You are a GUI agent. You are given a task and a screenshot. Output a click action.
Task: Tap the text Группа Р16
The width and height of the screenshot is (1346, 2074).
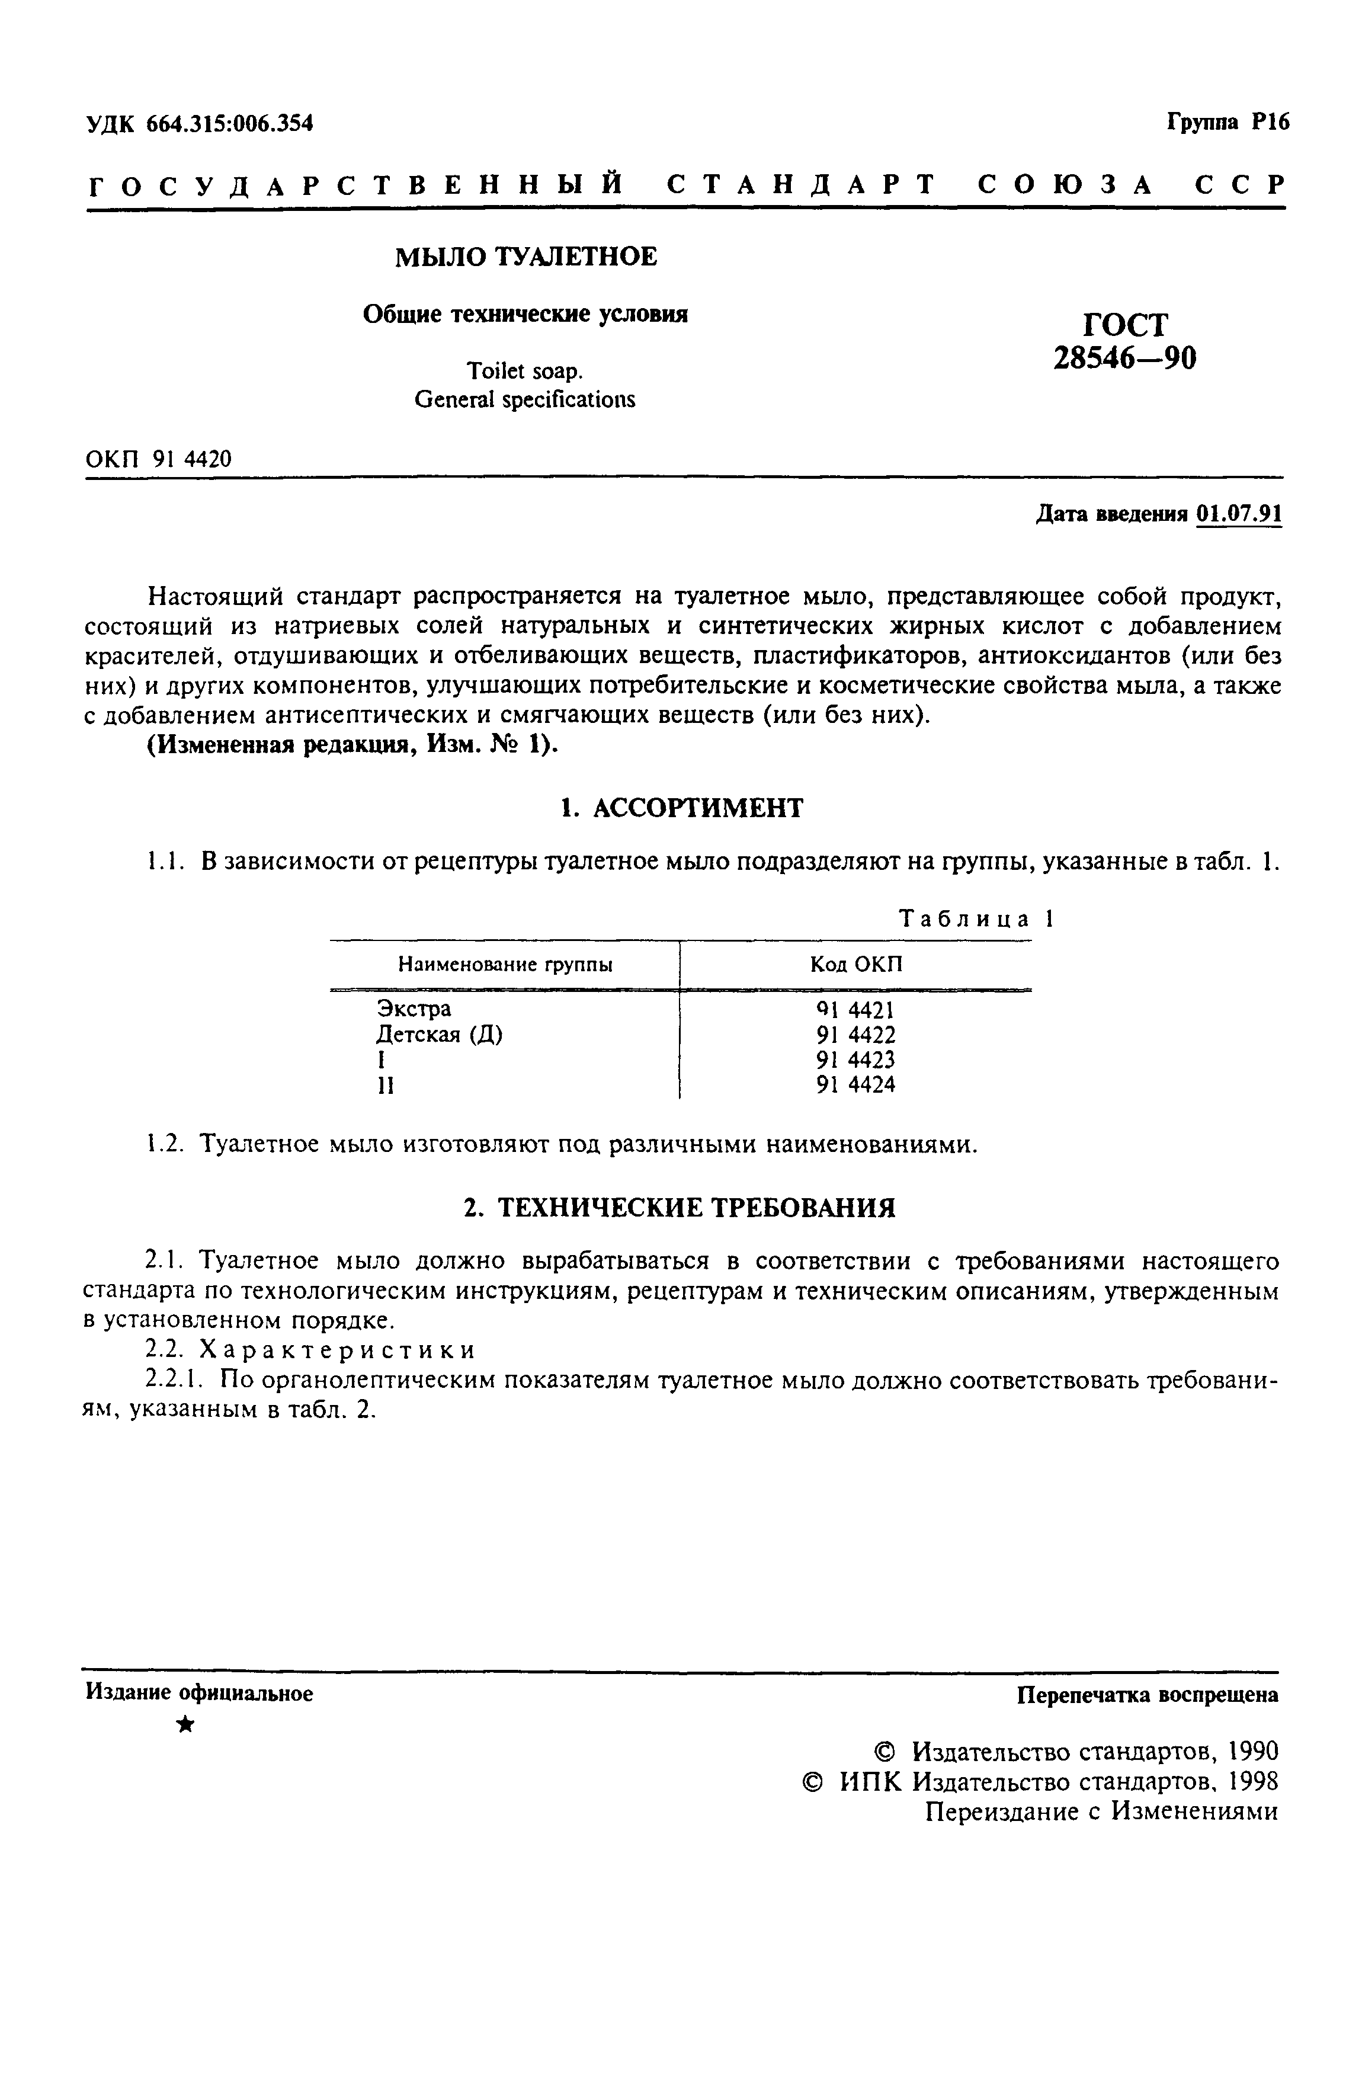(1227, 123)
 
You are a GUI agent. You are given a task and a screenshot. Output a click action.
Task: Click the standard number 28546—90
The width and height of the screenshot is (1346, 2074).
(1124, 358)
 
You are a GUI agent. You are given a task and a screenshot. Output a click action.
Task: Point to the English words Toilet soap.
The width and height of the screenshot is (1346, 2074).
(524, 371)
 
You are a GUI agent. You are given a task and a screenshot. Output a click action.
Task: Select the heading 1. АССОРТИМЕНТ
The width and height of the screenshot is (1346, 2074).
(680, 808)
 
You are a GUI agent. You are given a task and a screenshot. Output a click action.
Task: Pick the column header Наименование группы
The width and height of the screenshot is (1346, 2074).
(504, 965)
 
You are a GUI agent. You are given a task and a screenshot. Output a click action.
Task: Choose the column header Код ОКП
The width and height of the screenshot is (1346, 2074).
(855, 965)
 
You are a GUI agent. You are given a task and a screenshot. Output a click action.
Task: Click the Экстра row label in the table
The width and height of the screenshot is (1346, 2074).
(414, 1008)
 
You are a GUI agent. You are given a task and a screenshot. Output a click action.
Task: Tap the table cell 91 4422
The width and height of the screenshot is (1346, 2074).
(855, 1035)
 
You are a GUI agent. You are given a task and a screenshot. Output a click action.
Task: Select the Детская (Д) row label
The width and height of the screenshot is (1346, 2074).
(439, 1035)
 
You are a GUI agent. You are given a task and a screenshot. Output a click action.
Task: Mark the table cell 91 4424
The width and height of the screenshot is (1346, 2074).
(855, 1085)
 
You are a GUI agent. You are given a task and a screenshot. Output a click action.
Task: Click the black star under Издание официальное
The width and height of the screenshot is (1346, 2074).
(185, 1724)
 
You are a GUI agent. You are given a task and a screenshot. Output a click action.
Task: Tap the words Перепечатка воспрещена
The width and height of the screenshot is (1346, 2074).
(1148, 1695)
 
